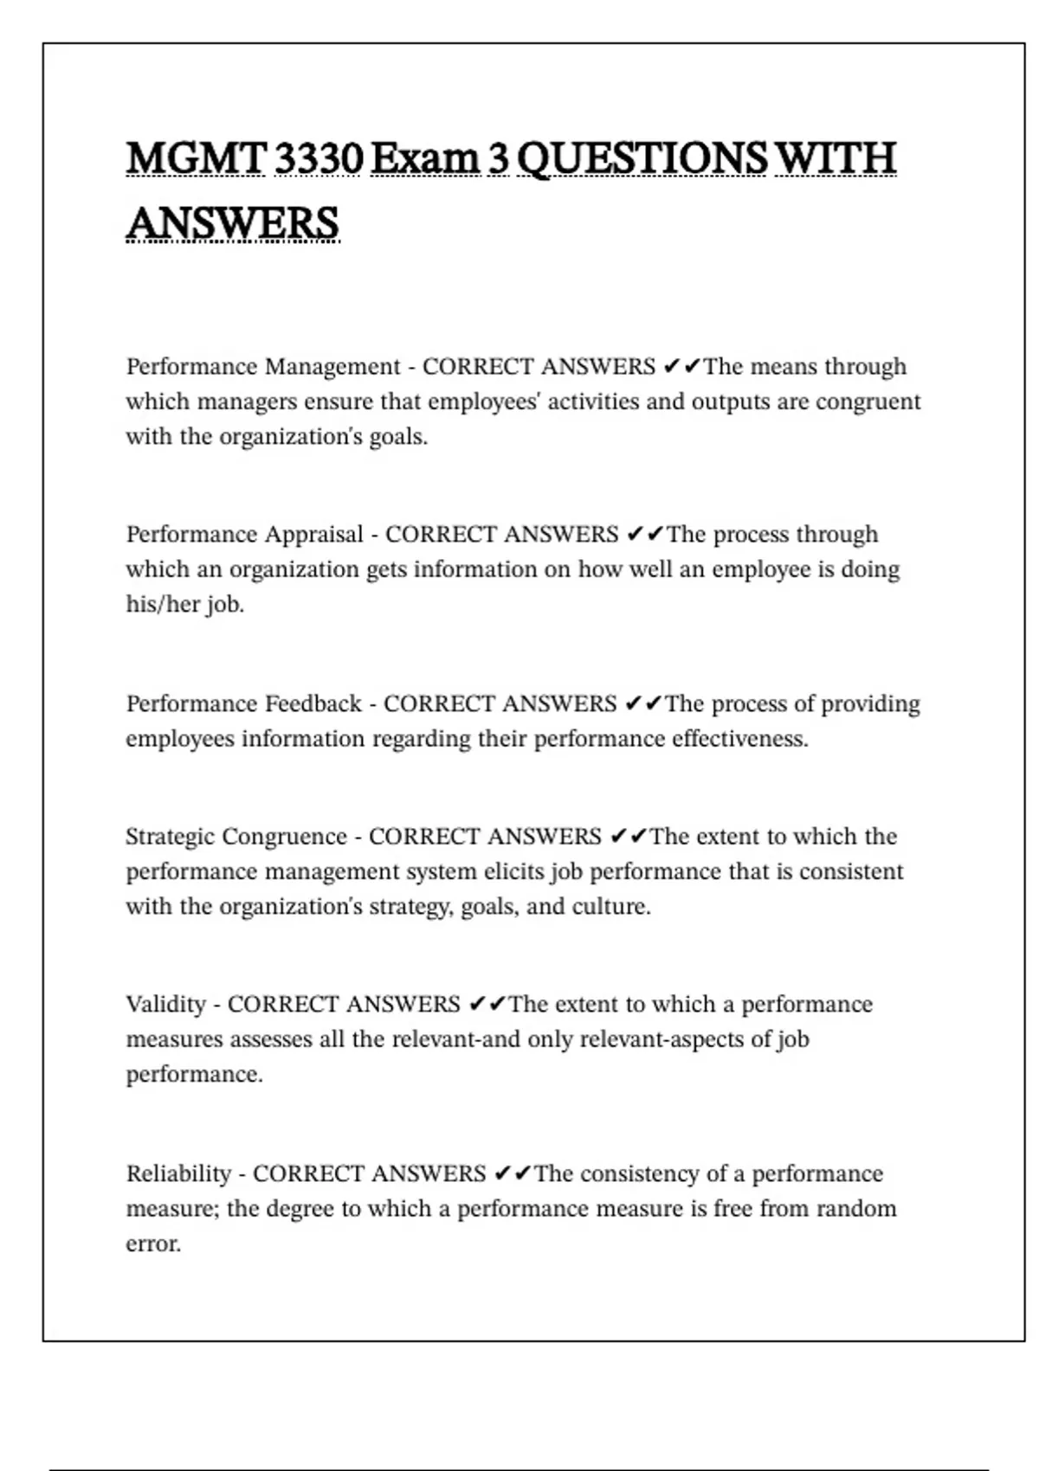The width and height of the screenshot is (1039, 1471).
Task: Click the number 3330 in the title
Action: [317, 158]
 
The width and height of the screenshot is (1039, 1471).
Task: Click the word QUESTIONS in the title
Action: [642, 160]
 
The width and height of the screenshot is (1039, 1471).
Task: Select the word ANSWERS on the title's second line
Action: [232, 223]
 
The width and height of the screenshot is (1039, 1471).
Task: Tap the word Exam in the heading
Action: [424, 158]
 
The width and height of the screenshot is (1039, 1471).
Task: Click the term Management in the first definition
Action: [332, 367]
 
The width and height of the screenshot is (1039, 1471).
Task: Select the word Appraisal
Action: [314, 535]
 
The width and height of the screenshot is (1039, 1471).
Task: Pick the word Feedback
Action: [313, 703]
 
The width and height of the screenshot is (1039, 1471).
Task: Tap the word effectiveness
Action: [739, 739]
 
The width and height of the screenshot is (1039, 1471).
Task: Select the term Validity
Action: [166, 1005]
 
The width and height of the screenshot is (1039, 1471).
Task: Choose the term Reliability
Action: [178, 1174]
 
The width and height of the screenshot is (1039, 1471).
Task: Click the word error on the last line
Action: [153, 1244]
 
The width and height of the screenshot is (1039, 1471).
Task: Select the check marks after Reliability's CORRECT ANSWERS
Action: [513, 1174]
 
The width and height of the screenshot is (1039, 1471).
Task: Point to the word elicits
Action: [514, 871]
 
